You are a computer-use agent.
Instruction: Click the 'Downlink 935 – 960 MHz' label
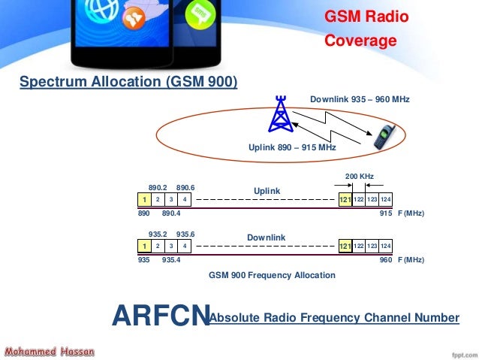[360, 98]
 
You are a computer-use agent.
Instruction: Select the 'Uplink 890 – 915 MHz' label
[292, 148]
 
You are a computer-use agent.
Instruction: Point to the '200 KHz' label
[359, 176]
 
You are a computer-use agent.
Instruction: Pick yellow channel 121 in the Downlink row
[345, 246]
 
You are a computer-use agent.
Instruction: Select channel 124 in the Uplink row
[386, 200]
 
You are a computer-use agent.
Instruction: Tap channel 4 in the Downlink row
[185, 246]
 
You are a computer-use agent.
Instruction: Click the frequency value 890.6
[185, 186]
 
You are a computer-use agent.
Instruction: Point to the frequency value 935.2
[157, 233]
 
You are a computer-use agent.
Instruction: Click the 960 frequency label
[387, 259]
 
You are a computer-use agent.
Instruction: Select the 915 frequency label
[387, 213]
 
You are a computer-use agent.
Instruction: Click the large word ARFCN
[159, 317]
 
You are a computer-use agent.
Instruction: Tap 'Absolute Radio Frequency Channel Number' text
[334, 319]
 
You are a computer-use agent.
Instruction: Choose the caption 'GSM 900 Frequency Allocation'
[272, 275]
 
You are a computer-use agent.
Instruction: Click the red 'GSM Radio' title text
[366, 17]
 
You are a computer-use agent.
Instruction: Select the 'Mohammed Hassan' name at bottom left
[48, 351]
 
